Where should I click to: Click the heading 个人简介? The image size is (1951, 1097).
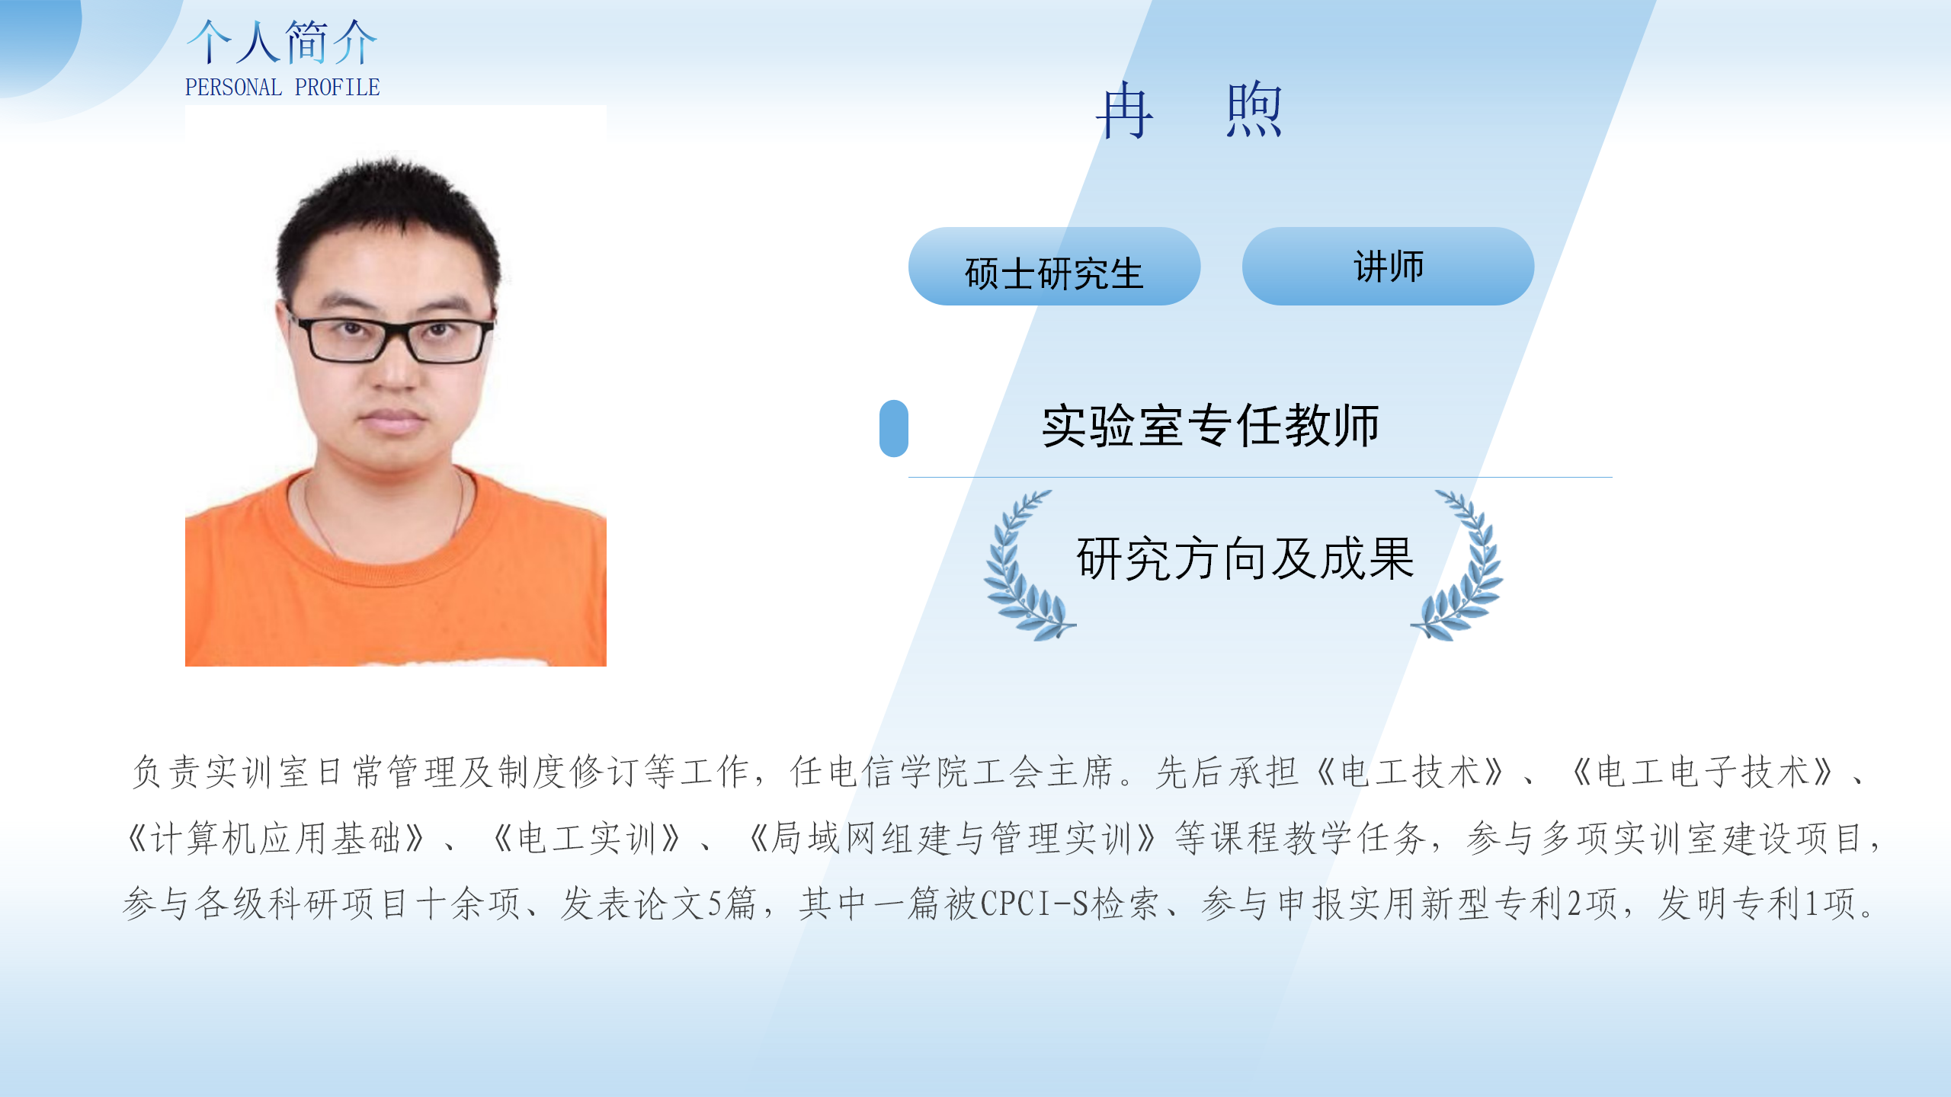pyautogui.click(x=282, y=42)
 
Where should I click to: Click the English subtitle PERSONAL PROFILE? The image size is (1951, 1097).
pyautogui.click(x=282, y=88)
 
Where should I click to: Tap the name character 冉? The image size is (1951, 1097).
pyautogui.click(x=1125, y=111)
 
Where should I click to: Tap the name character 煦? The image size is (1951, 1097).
pyautogui.click(x=1254, y=111)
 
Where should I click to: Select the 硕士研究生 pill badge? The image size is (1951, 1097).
pyautogui.click(x=1054, y=267)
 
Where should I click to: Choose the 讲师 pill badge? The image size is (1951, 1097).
pyautogui.click(x=1388, y=267)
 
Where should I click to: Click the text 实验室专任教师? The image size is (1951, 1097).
pyautogui.click(x=1211, y=426)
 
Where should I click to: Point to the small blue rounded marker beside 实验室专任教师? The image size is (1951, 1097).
pyautogui.click(x=894, y=428)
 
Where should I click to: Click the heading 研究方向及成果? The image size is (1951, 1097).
pyautogui.click(x=1245, y=559)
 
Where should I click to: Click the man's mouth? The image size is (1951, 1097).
pyautogui.click(x=393, y=418)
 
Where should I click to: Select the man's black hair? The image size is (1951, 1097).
pyautogui.click(x=389, y=221)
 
